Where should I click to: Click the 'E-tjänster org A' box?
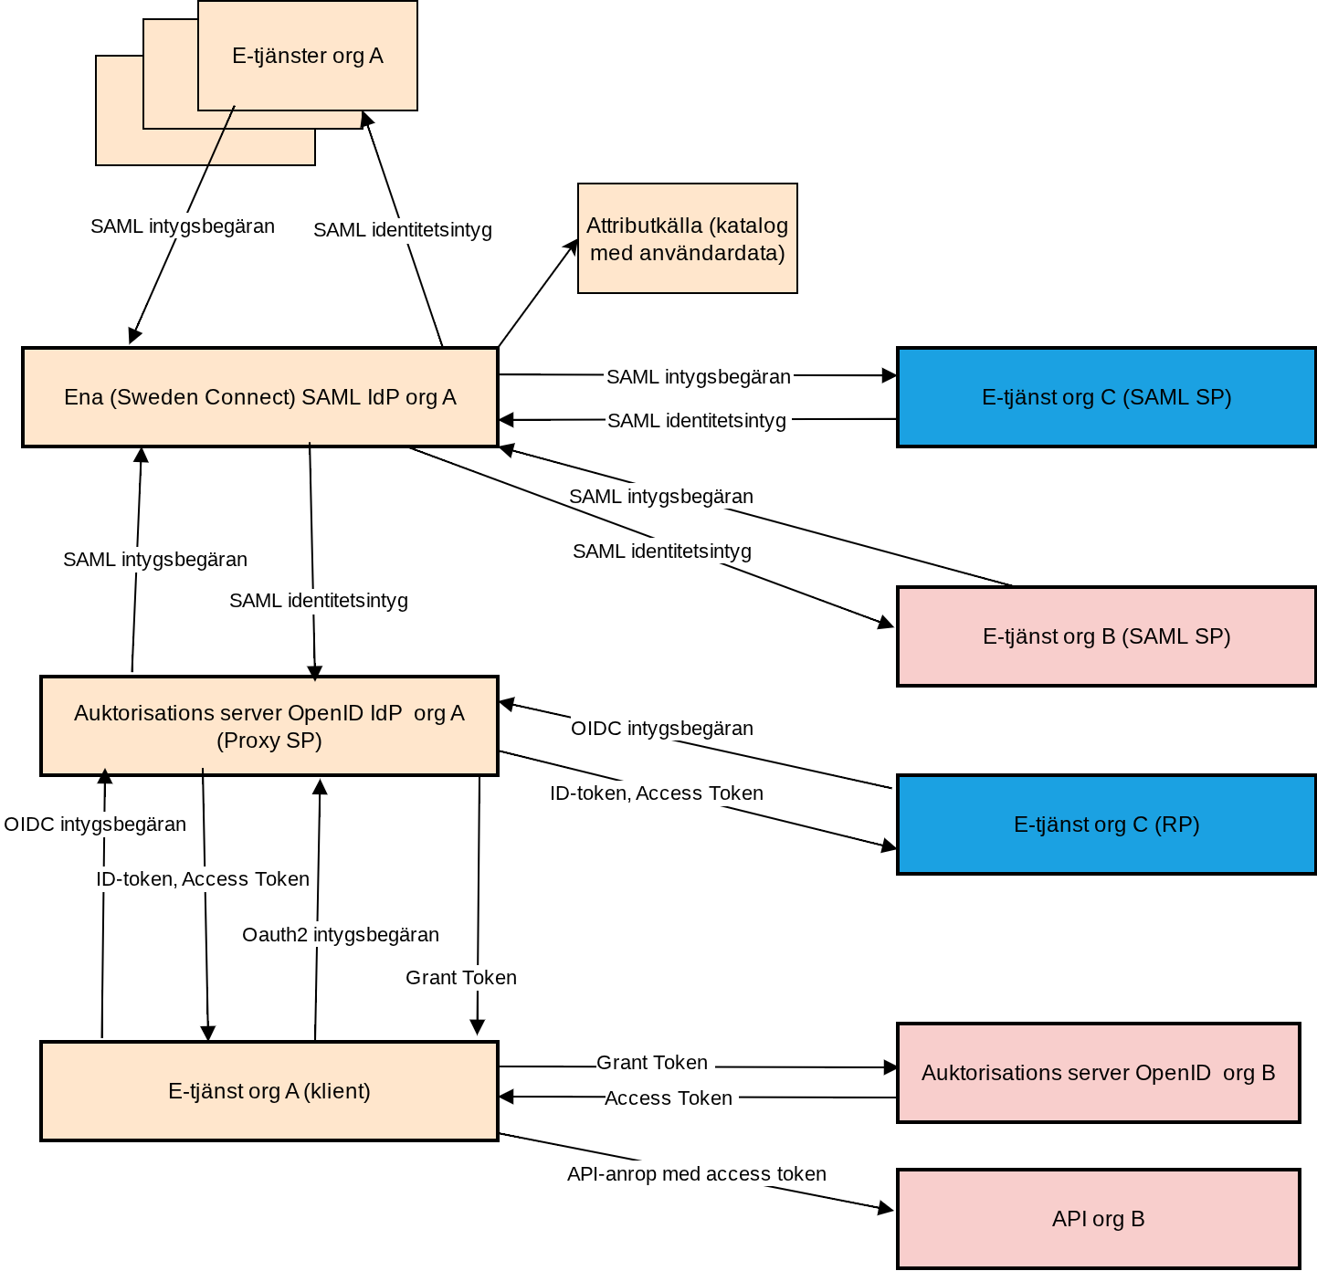307,57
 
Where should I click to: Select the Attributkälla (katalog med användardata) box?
687,238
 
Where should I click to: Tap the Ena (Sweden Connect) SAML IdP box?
260,397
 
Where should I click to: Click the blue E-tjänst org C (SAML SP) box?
1106,397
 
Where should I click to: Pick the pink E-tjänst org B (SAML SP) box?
1106,636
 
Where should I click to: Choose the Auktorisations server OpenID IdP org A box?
269,726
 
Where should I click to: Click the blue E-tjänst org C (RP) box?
1106,825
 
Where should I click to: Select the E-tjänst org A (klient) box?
269,1091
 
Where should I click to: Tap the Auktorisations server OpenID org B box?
1098,1073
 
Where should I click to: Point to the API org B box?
1098,1219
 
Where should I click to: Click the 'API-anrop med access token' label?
696,1174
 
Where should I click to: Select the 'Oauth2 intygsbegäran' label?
340,935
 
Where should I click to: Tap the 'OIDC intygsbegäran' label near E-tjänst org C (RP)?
661,729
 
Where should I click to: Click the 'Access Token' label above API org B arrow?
668,1098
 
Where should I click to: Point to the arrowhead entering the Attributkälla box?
573,246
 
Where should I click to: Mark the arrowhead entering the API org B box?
887,1209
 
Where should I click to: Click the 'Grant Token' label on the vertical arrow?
460,978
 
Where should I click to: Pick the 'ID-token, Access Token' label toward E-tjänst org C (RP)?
656,793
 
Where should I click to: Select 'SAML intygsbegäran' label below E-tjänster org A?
182,226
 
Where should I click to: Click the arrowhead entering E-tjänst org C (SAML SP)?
890,375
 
